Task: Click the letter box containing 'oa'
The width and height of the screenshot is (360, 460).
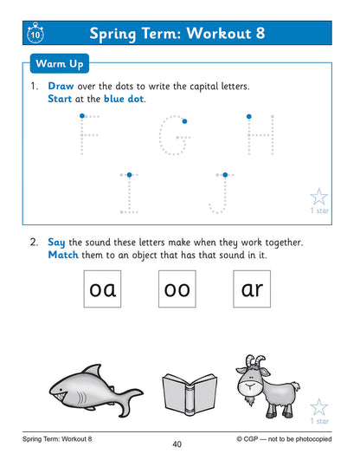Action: click(x=102, y=289)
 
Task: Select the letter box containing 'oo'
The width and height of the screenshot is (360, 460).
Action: click(x=177, y=289)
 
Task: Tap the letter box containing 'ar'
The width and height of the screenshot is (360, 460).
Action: click(x=252, y=289)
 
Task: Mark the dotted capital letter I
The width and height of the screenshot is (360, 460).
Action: click(x=129, y=191)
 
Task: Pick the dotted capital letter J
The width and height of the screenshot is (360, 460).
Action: click(x=220, y=192)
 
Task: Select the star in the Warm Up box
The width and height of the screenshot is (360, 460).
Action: click(x=318, y=197)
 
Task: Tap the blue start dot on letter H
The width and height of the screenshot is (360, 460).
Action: click(x=248, y=115)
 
